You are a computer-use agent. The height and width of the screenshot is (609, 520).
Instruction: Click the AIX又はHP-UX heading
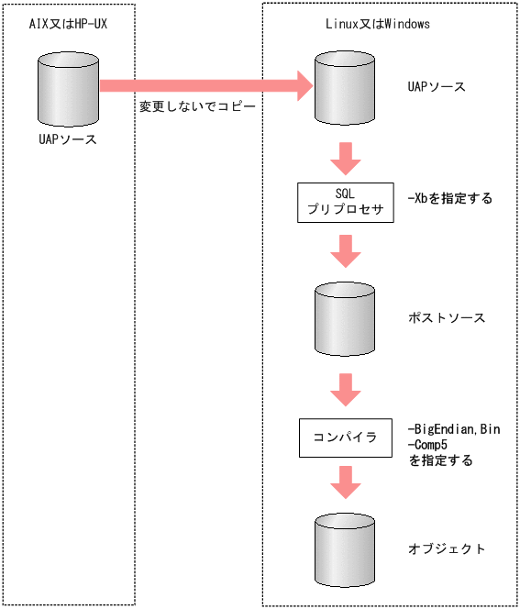tap(69, 24)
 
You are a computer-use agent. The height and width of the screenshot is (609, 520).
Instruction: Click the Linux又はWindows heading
tap(378, 24)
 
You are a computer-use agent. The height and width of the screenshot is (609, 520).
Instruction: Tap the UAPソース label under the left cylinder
tap(68, 140)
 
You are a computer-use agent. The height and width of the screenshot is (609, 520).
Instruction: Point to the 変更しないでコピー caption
tap(196, 107)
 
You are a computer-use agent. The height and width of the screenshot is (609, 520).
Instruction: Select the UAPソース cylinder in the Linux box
tap(345, 88)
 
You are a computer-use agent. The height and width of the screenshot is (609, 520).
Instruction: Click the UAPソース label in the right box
tap(437, 88)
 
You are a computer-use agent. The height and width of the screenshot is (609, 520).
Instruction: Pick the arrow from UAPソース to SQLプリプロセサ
tap(345, 158)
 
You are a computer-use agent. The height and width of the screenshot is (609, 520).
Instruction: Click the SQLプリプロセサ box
tap(345, 202)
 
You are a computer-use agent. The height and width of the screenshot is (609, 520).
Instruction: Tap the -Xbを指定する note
tap(449, 198)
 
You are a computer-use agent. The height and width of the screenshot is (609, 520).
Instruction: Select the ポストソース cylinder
tap(345, 318)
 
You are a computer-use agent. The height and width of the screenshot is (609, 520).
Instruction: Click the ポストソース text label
tap(446, 318)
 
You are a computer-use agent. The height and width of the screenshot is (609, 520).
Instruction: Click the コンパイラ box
tap(345, 437)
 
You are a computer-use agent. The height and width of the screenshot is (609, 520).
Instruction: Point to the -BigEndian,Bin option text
tap(453, 429)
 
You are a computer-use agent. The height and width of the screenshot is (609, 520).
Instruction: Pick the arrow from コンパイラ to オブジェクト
tap(345, 481)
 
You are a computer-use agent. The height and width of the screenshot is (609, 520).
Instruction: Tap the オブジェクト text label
tap(446, 548)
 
